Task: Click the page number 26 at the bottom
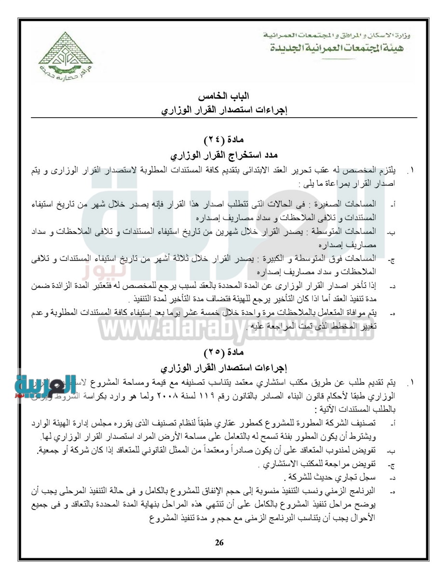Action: tap(219, 543)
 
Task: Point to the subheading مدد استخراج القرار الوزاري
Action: tap(224, 155)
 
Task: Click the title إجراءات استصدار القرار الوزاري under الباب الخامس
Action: tap(224, 111)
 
